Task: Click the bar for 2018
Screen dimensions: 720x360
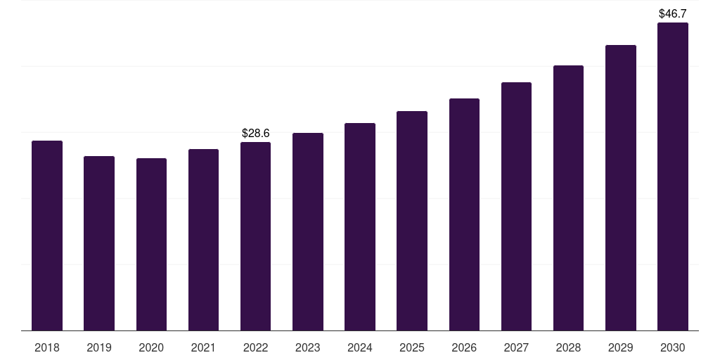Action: click(47, 236)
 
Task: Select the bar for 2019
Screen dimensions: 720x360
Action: click(99, 243)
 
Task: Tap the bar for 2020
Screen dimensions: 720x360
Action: click(151, 244)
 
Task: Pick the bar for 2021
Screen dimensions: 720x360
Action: click(203, 240)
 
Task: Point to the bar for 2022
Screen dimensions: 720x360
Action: click(255, 236)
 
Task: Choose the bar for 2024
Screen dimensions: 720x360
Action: click(360, 227)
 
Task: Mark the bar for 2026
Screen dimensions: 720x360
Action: click(464, 214)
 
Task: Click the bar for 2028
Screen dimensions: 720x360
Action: click(568, 198)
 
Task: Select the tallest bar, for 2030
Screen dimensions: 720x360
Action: click(673, 176)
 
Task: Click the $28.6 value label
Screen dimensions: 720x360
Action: click(256, 133)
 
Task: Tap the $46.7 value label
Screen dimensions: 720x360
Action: click(673, 14)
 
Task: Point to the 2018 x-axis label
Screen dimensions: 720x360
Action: click(47, 348)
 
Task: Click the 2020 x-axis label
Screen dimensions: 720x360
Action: click(151, 348)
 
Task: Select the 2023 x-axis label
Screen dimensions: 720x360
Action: click(308, 348)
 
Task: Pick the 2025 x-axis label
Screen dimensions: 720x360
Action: click(412, 348)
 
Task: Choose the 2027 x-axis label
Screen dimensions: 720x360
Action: click(516, 348)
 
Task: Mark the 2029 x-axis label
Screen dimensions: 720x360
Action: click(621, 348)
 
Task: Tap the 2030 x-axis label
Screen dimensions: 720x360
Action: click(673, 348)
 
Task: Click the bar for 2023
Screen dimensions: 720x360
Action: click(308, 232)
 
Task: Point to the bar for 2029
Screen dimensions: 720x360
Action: click(621, 188)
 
